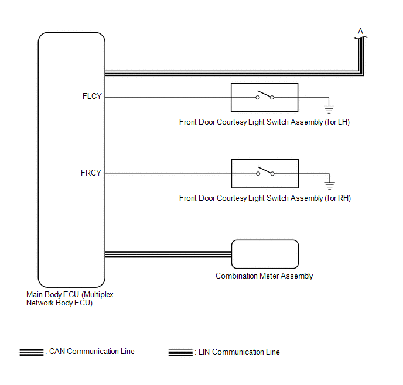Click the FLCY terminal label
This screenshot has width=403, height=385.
92,97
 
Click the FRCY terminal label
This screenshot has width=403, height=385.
91,173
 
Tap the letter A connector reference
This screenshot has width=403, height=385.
360,31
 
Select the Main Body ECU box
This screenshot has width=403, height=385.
71,158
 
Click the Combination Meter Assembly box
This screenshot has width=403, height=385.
265,254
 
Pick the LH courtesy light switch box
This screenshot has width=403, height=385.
264,97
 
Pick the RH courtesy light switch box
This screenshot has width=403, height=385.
265,173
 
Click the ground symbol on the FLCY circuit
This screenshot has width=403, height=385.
329,107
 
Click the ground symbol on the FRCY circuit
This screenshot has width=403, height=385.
329,184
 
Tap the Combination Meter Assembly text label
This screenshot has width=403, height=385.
264,276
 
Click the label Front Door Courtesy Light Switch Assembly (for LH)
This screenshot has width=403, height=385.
265,122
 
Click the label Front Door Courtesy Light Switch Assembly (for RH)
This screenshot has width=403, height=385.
265,198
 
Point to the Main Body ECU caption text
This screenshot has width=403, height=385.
70,299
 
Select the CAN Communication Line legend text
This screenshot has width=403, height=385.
91,352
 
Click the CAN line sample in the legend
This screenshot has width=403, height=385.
31,352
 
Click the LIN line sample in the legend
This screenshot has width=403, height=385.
180,352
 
